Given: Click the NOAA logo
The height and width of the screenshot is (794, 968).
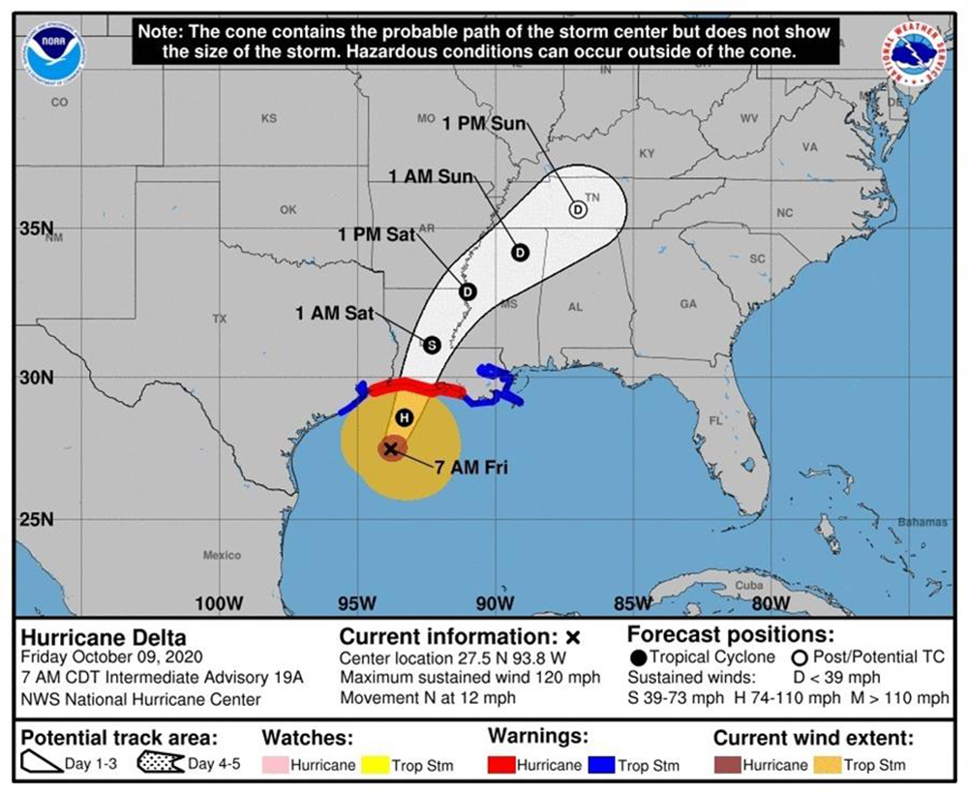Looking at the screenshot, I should point(55,54).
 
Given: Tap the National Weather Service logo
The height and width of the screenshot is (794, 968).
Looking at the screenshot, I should point(914,53).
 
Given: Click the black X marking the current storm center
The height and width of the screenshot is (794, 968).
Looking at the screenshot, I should point(391,448).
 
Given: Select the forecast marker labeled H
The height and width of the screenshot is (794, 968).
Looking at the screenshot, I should point(405,416).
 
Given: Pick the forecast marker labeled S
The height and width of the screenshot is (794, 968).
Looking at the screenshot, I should point(432,344).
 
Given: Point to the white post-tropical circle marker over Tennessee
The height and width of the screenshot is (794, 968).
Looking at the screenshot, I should point(578,209).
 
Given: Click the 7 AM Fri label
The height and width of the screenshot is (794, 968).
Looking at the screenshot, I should point(471,468).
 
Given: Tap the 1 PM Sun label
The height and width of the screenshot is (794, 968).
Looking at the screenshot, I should point(484,123).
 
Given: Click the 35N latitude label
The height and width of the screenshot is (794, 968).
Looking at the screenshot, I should point(36,229).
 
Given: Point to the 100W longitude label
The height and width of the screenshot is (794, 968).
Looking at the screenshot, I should point(219,604).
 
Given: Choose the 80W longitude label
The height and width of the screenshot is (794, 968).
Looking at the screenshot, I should point(771,604).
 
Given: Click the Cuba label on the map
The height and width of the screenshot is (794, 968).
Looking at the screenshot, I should point(749,585).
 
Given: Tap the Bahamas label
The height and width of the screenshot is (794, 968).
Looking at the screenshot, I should point(923,522).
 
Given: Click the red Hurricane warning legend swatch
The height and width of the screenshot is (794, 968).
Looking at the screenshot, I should point(500,765).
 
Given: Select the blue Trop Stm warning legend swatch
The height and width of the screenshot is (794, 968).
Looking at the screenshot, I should point(601,765).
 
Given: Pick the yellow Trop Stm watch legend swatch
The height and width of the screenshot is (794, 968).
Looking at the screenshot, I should point(374,765).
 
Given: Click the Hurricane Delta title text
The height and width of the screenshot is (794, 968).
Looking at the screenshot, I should point(104,638).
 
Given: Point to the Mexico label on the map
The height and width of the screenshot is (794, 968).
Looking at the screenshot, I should point(222,555).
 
